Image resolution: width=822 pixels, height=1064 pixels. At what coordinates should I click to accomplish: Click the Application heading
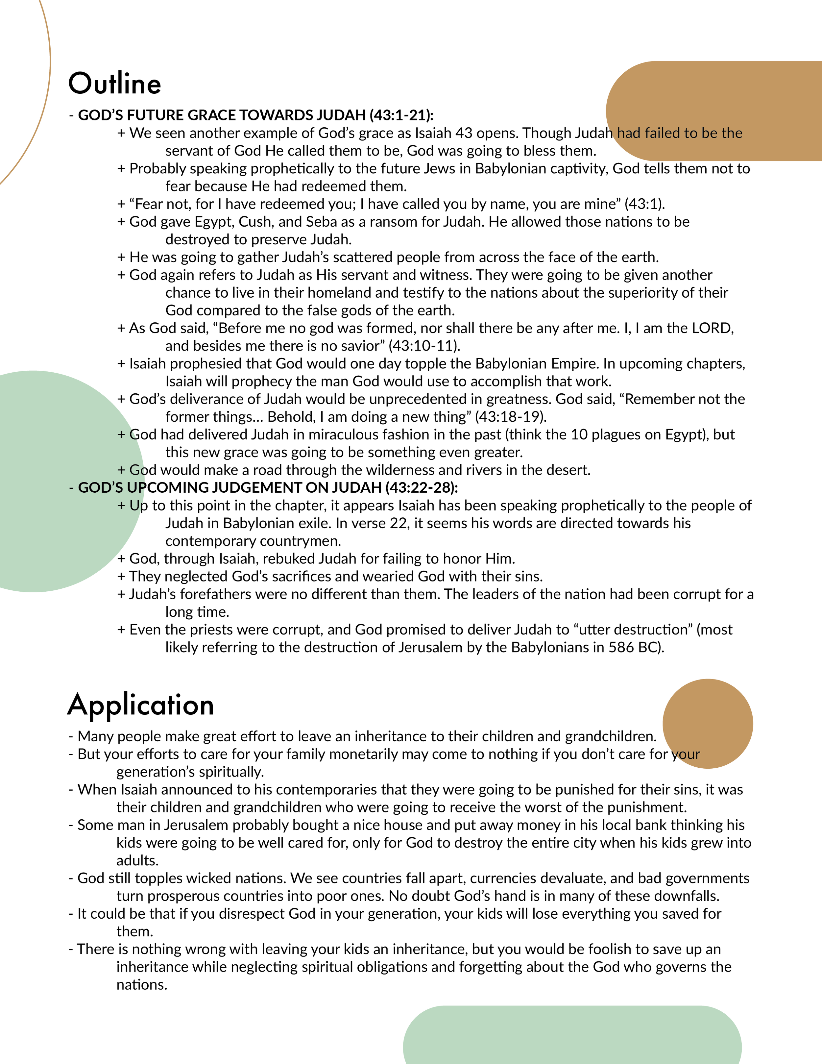(x=141, y=705)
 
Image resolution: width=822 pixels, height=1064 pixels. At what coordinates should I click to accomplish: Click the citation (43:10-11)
(x=424, y=346)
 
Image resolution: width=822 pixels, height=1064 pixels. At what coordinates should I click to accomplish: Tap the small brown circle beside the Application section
(x=708, y=724)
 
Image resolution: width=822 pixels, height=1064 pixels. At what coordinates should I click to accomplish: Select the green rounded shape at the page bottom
(x=572, y=1038)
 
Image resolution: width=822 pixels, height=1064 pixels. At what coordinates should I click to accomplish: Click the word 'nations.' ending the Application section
(x=142, y=985)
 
